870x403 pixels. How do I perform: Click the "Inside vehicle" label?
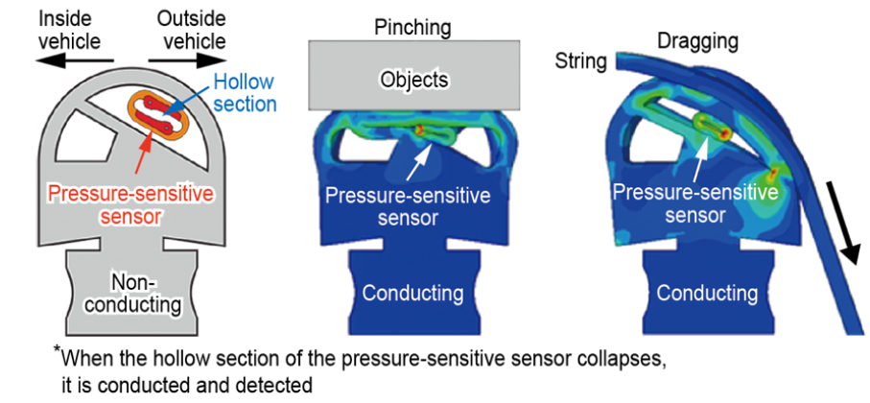[69, 30]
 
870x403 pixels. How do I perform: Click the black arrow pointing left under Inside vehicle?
[74, 60]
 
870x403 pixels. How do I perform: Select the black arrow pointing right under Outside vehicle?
[188, 60]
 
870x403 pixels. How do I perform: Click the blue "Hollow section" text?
[245, 93]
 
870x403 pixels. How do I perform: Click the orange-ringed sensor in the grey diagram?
[158, 114]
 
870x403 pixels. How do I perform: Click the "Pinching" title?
[412, 27]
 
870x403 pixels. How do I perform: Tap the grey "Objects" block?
[414, 75]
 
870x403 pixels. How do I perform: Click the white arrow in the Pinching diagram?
[418, 161]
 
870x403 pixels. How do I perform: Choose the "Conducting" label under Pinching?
[412, 293]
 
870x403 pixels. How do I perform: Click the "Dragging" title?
[697, 41]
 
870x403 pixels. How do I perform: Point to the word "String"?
[581, 61]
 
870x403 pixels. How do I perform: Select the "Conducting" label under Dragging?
[706, 293]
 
